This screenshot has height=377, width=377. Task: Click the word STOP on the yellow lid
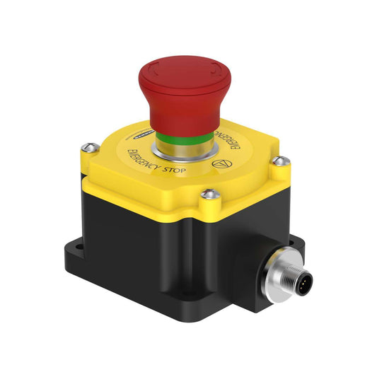[176, 173]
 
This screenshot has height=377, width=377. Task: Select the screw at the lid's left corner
[88, 147]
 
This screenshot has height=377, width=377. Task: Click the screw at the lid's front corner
[207, 192]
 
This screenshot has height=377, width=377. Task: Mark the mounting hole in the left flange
[79, 248]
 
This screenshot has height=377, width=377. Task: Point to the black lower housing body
[156, 248]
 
